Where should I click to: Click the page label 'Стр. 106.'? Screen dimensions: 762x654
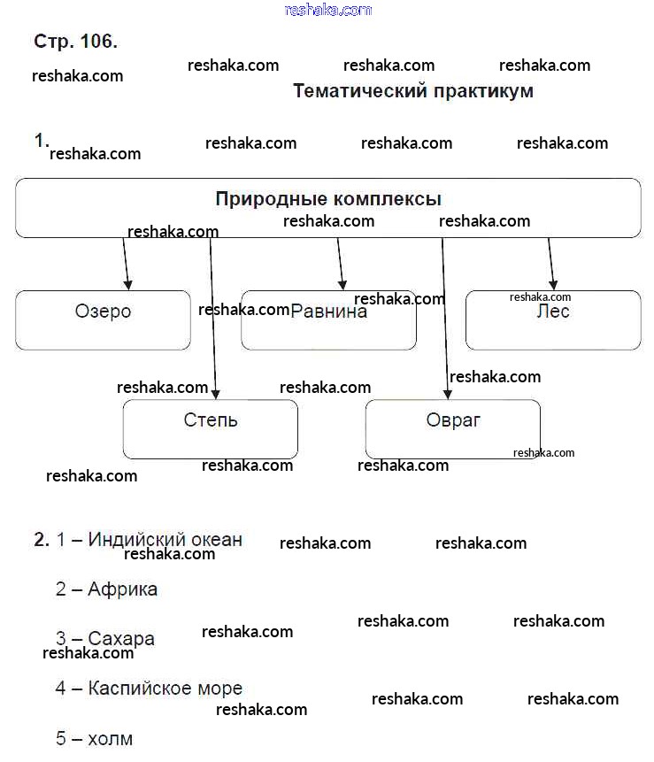click(75, 42)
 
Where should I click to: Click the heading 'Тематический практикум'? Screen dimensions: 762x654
click(412, 91)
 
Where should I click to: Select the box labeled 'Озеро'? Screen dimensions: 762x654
click(103, 319)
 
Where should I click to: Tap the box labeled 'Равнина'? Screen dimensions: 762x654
click(328, 320)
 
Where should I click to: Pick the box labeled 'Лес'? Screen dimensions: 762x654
click(552, 319)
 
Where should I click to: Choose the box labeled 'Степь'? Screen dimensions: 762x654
click(210, 428)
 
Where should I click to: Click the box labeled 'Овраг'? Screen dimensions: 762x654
click(452, 428)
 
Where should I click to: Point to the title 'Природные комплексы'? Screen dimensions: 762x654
click(328, 199)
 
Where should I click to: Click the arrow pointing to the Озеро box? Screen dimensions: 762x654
click(126, 264)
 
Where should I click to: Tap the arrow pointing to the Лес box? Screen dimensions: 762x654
click(551, 264)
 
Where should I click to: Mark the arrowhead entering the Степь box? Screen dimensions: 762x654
click(215, 393)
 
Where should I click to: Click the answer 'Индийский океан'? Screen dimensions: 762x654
click(165, 539)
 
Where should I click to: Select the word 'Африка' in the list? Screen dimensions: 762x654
click(122, 589)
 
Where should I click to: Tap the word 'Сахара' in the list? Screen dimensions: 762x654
click(121, 638)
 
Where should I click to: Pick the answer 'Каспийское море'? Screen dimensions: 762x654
click(165, 688)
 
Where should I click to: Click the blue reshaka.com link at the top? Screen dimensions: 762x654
click(328, 10)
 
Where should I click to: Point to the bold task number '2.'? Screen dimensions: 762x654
click(42, 539)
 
